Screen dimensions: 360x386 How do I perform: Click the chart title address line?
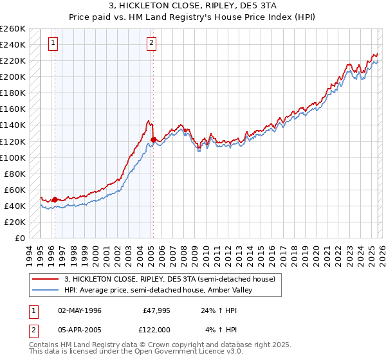tap(192, 6)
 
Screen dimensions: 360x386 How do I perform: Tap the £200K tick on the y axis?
tap(13, 76)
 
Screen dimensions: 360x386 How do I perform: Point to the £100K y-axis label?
tap(13, 157)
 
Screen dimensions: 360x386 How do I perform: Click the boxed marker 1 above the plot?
tap(53, 44)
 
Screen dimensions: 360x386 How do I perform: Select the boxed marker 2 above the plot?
tap(151, 44)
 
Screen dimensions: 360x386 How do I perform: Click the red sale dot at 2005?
tap(153, 139)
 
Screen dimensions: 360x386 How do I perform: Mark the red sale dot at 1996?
tap(55, 199)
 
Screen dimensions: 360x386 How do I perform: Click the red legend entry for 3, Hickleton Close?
tap(170, 279)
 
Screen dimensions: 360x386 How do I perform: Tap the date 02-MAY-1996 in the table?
tap(79, 310)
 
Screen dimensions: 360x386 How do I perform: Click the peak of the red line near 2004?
tap(149, 120)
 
